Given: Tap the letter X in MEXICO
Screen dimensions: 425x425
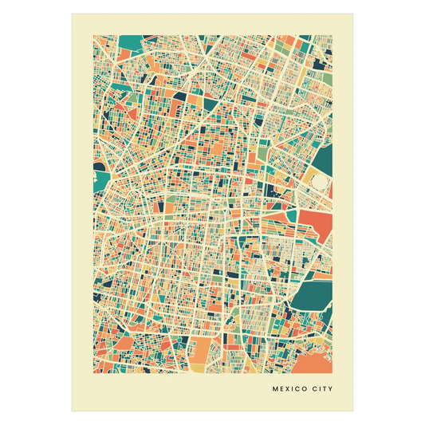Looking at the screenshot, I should pyautogui.click(x=286, y=390).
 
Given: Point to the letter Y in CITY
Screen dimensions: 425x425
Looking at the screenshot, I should pyautogui.click(x=330, y=390).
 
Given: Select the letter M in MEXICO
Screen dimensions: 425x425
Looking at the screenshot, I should pyautogui.click(x=275, y=390).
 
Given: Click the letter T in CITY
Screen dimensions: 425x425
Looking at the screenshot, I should pyautogui.click(x=325, y=390).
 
